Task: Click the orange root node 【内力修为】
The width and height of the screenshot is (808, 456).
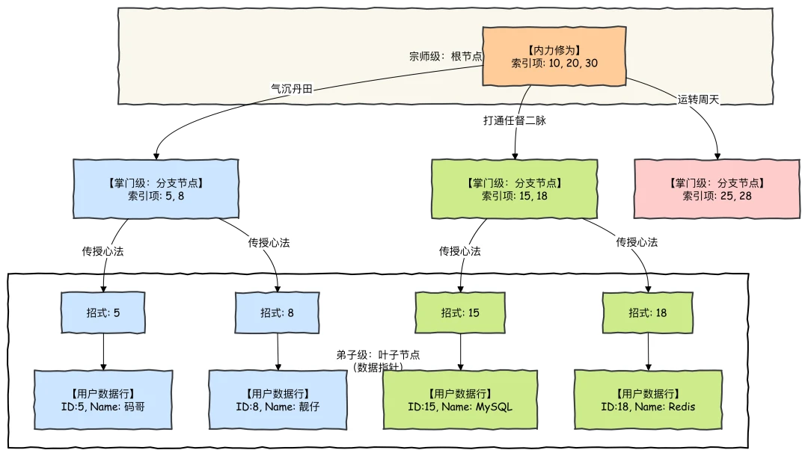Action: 554,57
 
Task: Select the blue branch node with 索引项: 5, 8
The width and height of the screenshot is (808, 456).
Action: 156,188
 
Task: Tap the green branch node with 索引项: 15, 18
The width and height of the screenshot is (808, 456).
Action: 515,188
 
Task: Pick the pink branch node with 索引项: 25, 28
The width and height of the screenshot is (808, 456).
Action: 717,188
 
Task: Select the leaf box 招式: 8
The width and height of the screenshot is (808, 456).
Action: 277,312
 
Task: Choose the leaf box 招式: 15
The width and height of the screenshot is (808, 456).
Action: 460,312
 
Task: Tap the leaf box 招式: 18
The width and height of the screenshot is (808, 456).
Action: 647,312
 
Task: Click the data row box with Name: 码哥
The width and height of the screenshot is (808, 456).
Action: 103,399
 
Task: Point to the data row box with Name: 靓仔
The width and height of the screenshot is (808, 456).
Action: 278,399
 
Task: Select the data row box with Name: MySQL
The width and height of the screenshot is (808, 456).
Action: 460,399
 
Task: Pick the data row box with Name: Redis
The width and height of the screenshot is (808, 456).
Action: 648,399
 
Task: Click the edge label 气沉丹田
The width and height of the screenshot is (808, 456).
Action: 291,88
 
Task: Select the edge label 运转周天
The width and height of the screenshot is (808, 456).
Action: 698,99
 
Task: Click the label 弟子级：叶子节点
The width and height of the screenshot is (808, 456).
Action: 378,355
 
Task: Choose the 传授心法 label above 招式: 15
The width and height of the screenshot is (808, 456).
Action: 460,251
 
